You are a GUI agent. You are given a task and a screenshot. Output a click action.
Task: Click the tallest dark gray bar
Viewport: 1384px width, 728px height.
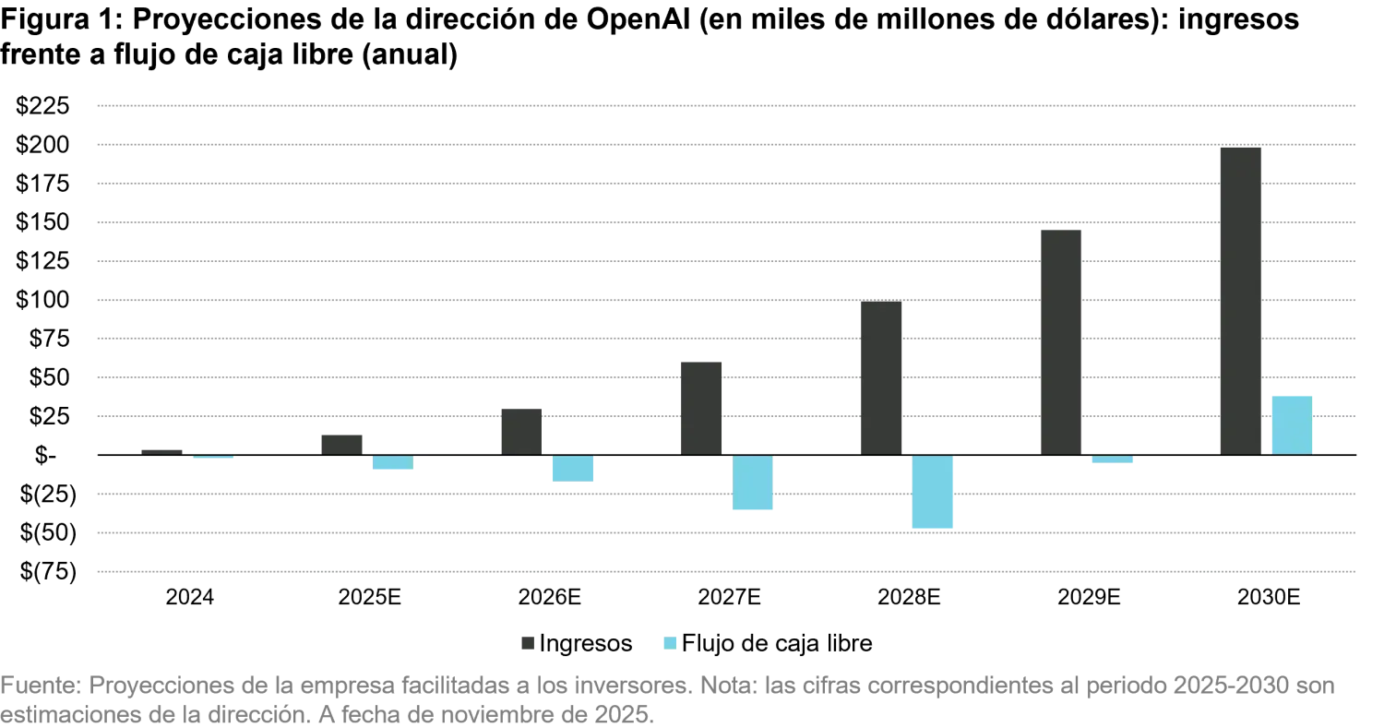tap(1240, 299)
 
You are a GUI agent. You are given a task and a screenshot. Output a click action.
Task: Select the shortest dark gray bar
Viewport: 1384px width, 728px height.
tap(162, 448)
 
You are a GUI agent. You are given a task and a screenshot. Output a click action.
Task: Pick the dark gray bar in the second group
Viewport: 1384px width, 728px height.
tap(343, 440)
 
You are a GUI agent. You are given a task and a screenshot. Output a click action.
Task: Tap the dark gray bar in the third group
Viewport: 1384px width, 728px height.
tap(520, 429)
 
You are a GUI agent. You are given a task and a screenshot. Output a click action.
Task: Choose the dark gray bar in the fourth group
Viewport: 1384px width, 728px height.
tap(701, 407)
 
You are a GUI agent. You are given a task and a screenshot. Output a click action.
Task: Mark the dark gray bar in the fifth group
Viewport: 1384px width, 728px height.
tap(881, 376)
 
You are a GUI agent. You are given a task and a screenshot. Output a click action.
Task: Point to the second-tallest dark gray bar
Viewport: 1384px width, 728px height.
tap(1063, 340)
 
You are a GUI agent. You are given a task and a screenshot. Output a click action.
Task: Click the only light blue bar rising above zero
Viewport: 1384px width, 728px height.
tap(1292, 423)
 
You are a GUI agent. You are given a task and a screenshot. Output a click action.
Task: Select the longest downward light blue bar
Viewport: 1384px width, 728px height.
tap(933, 493)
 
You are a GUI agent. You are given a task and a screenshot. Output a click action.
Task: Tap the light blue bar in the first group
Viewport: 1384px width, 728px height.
tap(214, 459)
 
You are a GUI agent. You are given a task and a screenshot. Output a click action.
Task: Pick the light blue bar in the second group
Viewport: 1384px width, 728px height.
tap(391, 463)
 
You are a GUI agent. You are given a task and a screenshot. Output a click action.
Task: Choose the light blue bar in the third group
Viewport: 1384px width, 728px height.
tap(572, 470)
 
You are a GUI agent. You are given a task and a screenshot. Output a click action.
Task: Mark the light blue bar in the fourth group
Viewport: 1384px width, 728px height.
tap(753, 484)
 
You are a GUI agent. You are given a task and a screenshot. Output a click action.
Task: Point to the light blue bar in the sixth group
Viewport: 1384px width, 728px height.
tap(1111, 459)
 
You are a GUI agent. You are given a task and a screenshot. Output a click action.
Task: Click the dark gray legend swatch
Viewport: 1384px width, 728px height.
tap(528, 642)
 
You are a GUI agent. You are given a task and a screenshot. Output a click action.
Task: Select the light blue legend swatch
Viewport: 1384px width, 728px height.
tap(668, 642)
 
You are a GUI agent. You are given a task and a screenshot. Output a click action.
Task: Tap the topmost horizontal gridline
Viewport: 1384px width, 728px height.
tap(726, 107)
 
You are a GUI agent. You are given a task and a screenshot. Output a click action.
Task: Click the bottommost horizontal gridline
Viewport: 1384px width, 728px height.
tap(726, 572)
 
